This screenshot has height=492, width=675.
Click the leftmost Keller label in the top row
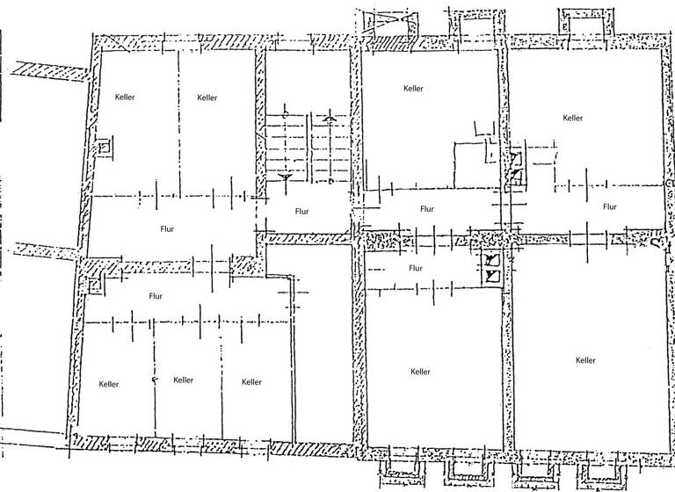click(x=125, y=98)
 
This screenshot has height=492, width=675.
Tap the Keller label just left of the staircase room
click(x=207, y=98)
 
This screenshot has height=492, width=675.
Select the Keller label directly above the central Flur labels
click(x=413, y=89)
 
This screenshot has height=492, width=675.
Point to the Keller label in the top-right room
click(x=573, y=118)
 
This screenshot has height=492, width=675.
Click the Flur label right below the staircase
click(x=301, y=211)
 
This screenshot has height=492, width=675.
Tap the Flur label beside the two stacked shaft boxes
click(x=416, y=268)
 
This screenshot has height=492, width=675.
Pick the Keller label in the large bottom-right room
click(x=585, y=360)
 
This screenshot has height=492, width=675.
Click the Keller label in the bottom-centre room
click(x=420, y=372)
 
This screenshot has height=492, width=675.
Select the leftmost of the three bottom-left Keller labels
click(x=109, y=384)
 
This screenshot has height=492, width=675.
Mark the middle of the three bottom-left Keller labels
click(x=183, y=380)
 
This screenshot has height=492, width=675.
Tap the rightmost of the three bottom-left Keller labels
click(x=251, y=382)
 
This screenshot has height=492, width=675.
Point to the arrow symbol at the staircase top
click(x=329, y=118)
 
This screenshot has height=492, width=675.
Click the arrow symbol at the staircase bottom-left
click(x=284, y=177)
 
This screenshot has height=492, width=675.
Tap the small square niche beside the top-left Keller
click(x=104, y=147)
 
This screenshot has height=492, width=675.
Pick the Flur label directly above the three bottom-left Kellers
click(x=156, y=296)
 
